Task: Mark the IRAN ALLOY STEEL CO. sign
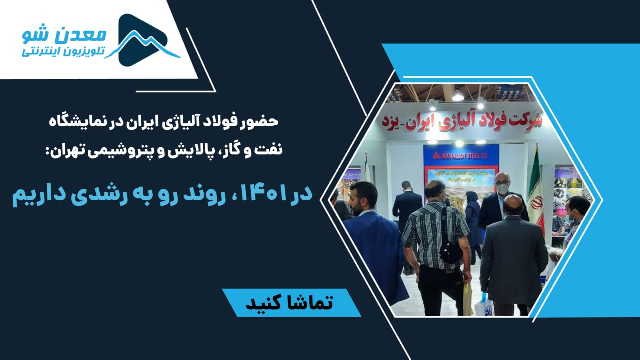click(460, 156)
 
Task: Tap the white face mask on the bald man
click(503, 189)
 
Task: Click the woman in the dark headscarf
click(473, 215)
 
